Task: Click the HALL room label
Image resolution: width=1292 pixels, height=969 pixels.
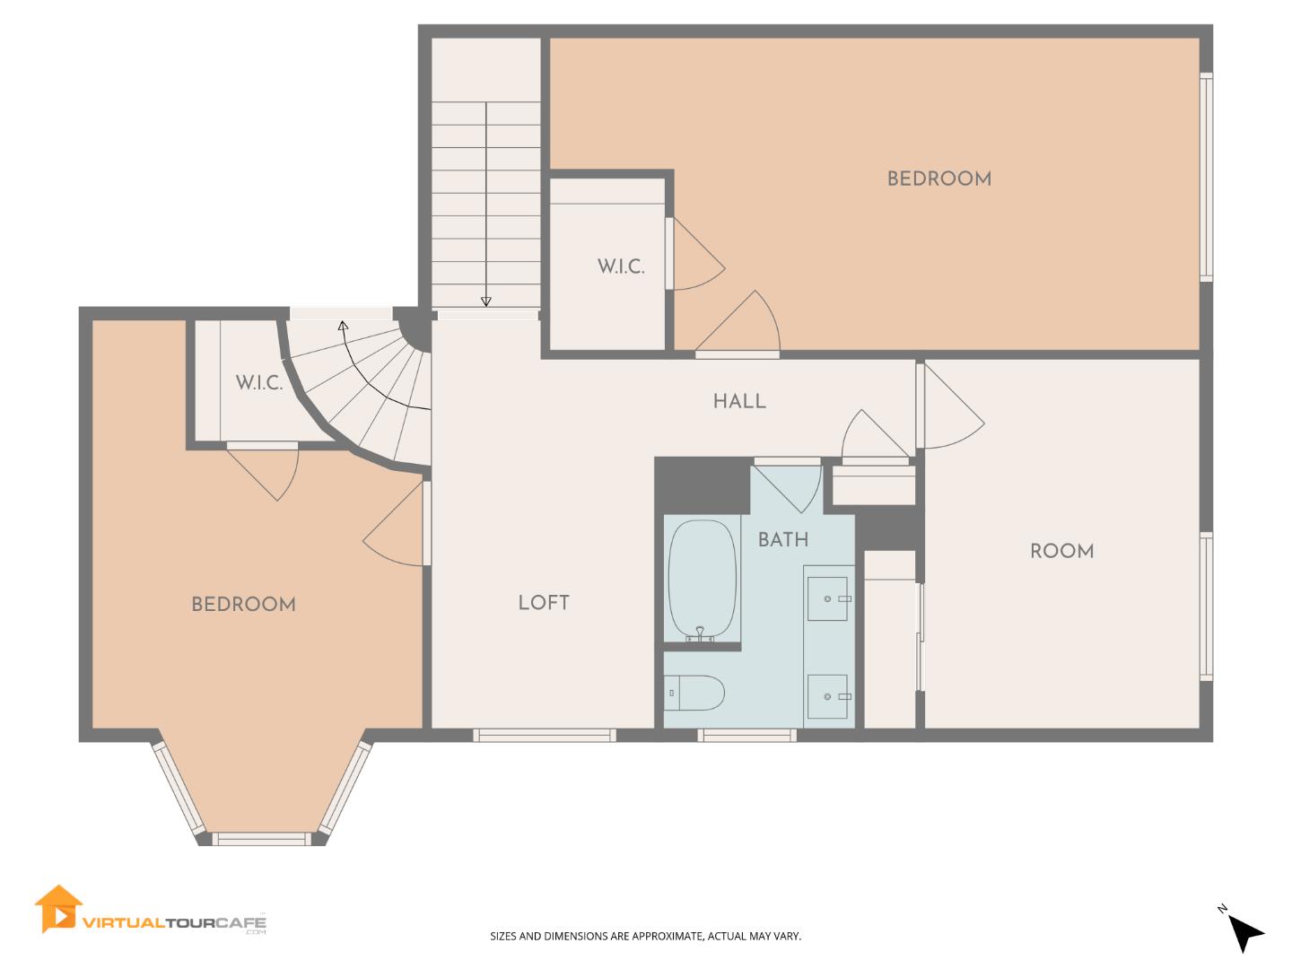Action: pyautogui.click(x=739, y=402)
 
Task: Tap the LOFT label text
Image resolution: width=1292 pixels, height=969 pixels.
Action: pyautogui.click(x=544, y=603)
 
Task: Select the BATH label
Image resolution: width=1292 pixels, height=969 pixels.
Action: pyautogui.click(x=782, y=539)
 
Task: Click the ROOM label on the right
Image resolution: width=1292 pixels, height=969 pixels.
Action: pyautogui.click(x=1061, y=551)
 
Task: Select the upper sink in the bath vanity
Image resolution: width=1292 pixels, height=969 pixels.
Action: pyautogui.click(x=828, y=598)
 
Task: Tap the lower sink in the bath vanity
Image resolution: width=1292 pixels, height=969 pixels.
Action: pyautogui.click(x=828, y=696)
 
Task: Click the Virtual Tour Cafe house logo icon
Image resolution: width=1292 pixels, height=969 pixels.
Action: pyautogui.click(x=57, y=910)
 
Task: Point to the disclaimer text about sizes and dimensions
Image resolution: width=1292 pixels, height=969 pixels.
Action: pyautogui.click(x=645, y=937)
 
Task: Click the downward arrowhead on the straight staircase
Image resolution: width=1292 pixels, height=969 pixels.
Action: pyautogui.click(x=486, y=301)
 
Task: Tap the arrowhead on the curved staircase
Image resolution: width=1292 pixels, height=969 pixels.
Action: pyautogui.click(x=342, y=325)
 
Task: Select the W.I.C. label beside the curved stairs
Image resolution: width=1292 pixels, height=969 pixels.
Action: pyautogui.click(x=259, y=383)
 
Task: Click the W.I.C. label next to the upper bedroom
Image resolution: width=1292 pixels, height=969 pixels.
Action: pyautogui.click(x=621, y=266)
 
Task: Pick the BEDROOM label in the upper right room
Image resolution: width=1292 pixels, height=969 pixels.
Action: pyautogui.click(x=938, y=179)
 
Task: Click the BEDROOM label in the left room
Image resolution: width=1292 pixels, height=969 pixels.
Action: pyautogui.click(x=243, y=605)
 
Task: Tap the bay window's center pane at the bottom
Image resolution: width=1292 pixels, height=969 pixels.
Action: pyautogui.click(x=260, y=839)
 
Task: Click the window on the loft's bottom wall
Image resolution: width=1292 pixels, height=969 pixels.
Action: pyautogui.click(x=545, y=735)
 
